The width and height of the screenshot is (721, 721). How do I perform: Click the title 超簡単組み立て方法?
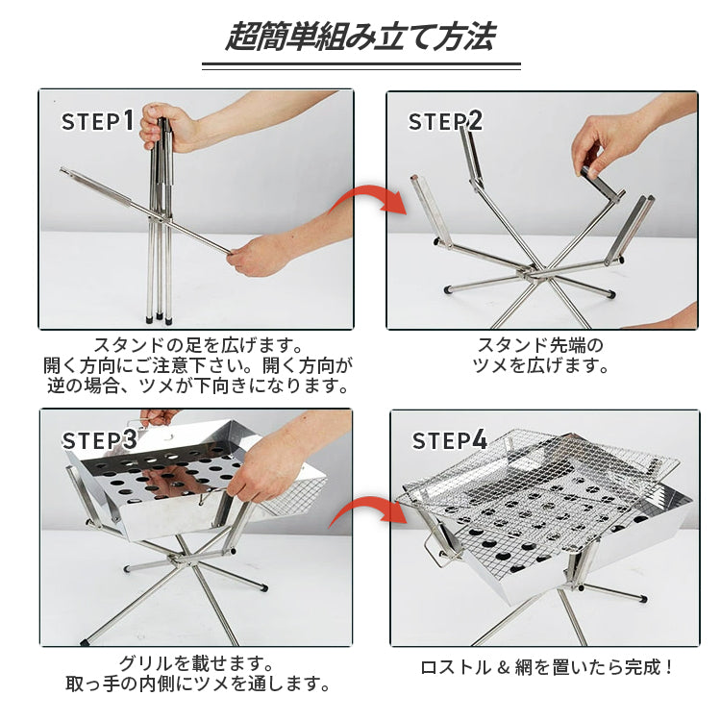pos(360,37)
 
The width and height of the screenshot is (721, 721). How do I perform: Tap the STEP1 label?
pos(98,120)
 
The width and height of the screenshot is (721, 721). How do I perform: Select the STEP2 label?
pos(445,121)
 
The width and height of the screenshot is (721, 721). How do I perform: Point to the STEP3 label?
pos(99,440)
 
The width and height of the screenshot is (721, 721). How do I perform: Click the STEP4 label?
pos(449,440)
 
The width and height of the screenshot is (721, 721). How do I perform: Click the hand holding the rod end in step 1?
pos(257,256)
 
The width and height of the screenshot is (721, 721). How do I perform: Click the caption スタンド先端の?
pos(540,345)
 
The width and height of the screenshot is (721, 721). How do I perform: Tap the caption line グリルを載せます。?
pos(196,663)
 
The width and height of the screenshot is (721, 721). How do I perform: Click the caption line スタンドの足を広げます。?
pos(198,345)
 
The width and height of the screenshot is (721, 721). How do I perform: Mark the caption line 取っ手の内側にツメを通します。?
pos(198,684)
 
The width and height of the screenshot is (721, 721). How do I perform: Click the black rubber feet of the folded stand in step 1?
pos(159,317)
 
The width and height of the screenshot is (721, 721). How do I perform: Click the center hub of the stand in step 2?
pos(534,272)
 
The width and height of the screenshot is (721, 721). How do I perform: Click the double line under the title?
pos(360,66)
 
